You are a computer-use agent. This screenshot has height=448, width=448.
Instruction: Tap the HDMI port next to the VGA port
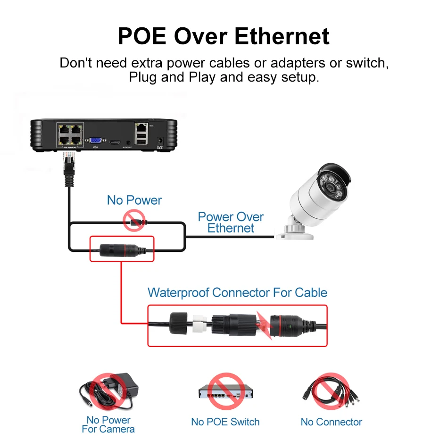click(x=115, y=141)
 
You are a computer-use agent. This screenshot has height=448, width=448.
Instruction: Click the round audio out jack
click(x=128, y=141)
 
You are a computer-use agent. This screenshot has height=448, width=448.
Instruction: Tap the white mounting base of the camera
click(x=295, y=230)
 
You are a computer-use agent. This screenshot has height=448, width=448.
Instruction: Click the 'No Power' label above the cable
click(x=134, y=200)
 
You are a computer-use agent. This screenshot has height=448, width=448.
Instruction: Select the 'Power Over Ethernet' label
click(x=231, y=223)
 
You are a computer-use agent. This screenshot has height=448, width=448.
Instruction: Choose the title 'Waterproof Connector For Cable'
click(x=237, y=292)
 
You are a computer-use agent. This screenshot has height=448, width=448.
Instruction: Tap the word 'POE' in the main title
click(x=141, y=36)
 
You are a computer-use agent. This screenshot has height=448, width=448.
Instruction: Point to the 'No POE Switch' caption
click(x=225, y=422)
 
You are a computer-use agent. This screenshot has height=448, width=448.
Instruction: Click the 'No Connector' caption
click(x=332, y=422)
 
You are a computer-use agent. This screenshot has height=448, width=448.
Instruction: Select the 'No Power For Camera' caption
click(x=108, y=424)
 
